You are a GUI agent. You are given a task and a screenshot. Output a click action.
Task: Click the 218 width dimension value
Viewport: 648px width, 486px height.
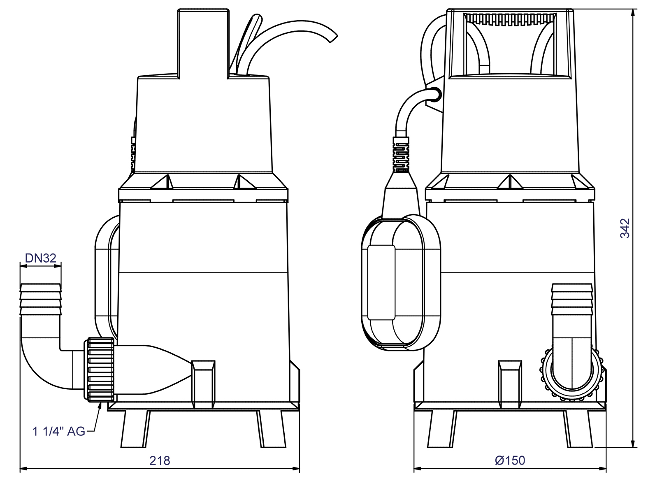point(160,460)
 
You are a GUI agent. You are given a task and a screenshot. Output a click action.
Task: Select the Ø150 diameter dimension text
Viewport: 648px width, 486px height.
point(510,460)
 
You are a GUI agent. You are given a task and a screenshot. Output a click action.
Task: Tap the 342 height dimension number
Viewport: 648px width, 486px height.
point(625,228)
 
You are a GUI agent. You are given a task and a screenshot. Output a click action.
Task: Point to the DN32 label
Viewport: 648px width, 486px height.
point(41,258)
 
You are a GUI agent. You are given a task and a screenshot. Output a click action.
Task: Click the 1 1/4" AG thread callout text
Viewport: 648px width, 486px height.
point(59,431)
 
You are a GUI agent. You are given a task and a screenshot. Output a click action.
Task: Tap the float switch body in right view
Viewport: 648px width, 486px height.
point(401,284)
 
